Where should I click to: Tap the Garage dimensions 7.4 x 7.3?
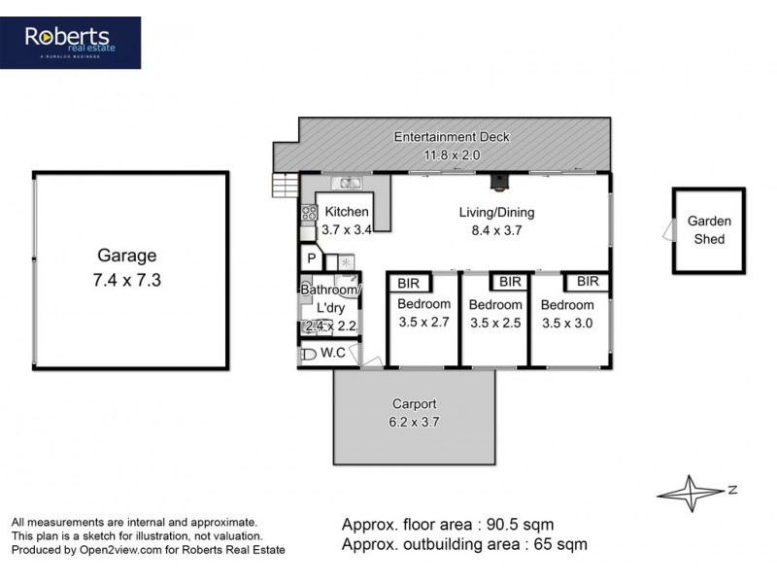126,279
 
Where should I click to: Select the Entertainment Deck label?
451,137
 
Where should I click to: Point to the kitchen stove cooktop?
308,214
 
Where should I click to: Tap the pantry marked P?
311,258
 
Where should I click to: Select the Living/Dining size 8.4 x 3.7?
497,231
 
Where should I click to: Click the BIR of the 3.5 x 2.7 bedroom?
407,283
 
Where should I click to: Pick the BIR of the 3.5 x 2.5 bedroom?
510,282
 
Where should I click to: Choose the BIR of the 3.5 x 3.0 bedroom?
588,282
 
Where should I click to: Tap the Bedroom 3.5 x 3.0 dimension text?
567,324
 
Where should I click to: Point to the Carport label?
415,403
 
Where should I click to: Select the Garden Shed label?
709,230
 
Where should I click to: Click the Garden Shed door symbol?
668,230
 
